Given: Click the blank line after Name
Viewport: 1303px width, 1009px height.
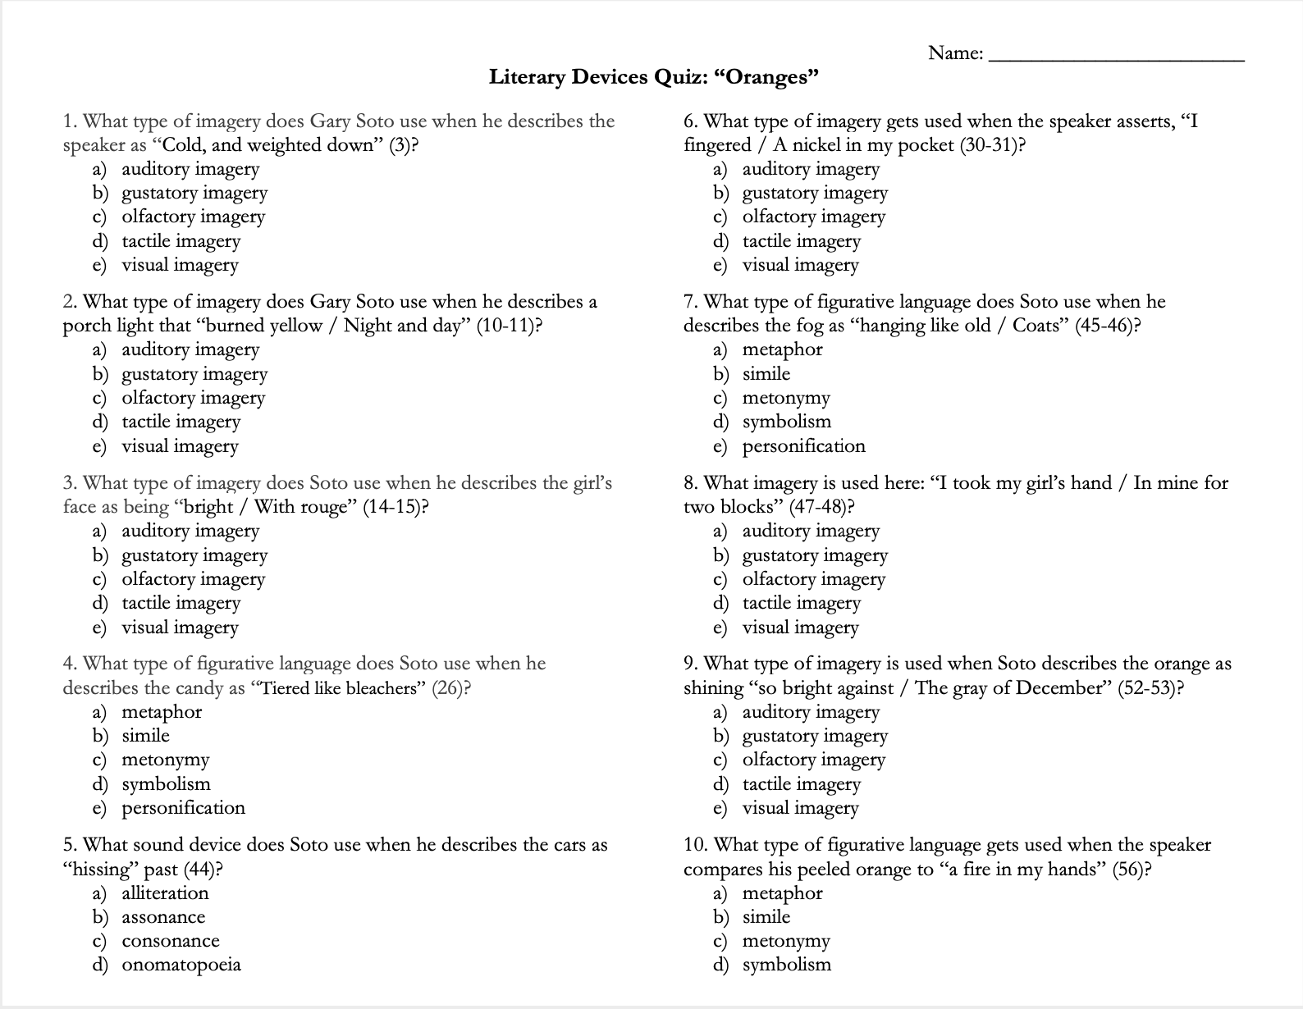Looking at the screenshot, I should (1117, 57).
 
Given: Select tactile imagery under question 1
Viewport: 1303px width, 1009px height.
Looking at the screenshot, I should (181, 241).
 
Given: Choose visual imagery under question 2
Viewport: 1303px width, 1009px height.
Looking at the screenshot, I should (180, 446).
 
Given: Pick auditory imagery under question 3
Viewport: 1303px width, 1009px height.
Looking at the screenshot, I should (190, 531).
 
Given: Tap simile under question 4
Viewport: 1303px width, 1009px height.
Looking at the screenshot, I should (145, 736).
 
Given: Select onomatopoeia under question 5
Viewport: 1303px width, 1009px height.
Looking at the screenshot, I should (181, 965).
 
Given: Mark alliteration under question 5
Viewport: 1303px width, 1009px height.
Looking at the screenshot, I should (165, 893).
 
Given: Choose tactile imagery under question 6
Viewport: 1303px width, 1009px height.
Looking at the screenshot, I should (801, 241).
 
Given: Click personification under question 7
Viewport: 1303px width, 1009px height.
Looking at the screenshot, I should (803, 446).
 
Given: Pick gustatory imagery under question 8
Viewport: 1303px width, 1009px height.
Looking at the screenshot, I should (815, 555).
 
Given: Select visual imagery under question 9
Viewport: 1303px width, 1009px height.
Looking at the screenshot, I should (800, 808).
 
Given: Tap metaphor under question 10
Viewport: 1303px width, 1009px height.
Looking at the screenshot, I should (782, 893).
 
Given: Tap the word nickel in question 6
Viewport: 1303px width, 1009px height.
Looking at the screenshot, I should (819, 145).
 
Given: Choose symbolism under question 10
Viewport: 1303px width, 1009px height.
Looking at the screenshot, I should (786, 965).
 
